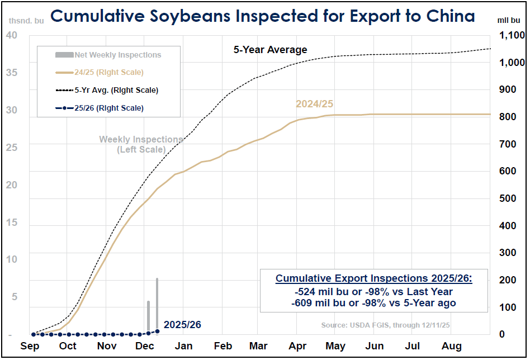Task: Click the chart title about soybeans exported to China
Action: (262, 16)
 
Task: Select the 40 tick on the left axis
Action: (12, 35)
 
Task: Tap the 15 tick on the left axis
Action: (12, 222)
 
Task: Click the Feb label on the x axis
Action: (223, 346)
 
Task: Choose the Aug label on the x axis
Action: (451, 346)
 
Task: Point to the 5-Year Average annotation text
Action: (270, 50)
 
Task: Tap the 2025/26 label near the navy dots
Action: (182, 325)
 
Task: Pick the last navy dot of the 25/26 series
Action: (157, 331)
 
